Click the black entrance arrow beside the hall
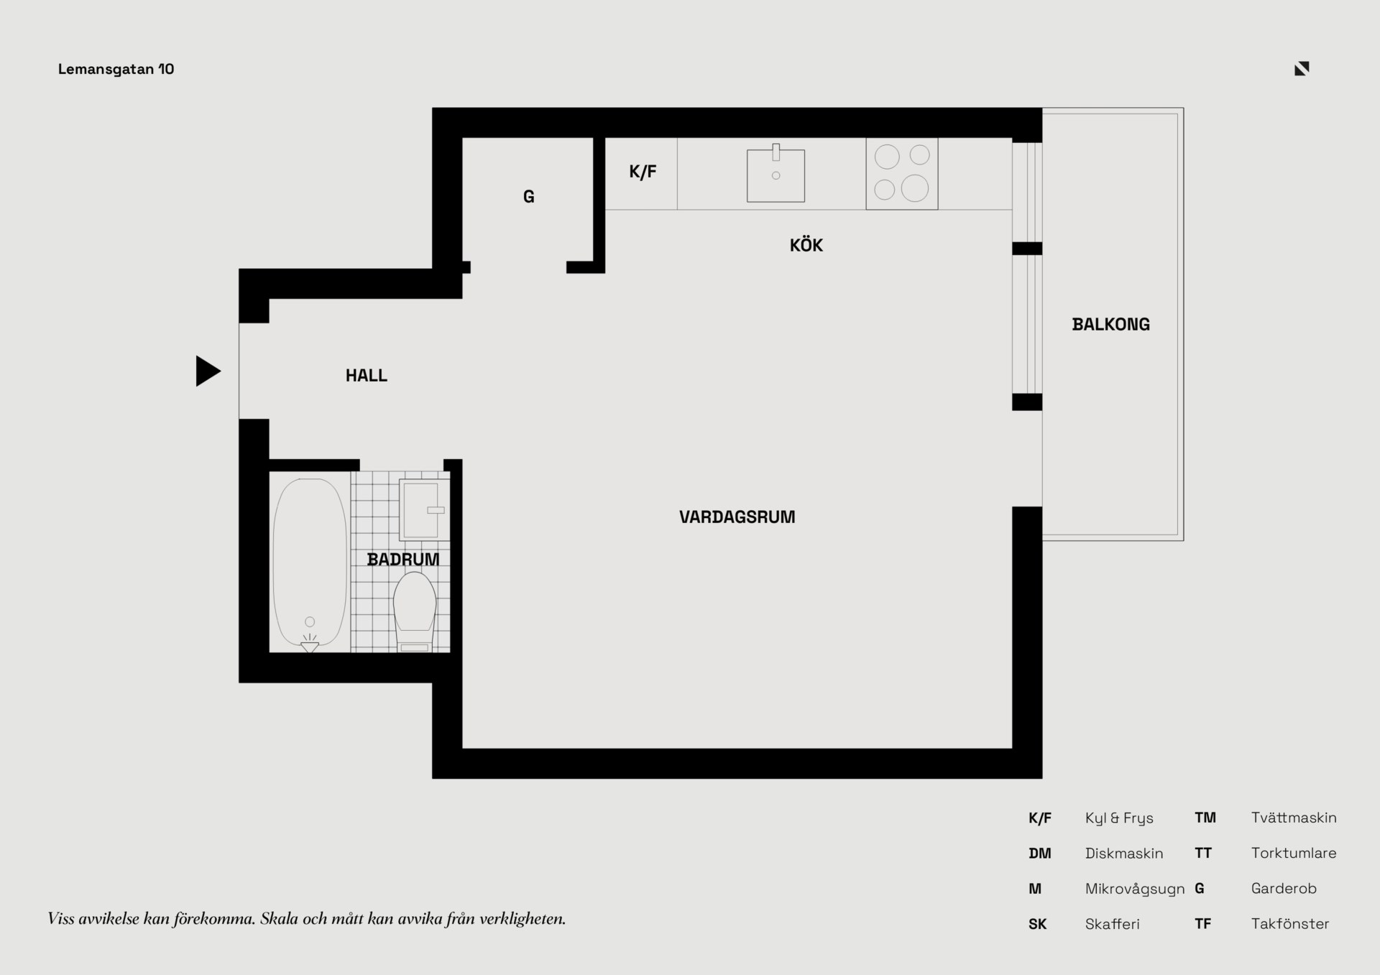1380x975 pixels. click(x=207, y=371)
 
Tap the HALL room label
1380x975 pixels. click(x=367, y=376)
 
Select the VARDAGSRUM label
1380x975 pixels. click(x=737, y=517)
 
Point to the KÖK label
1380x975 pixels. click(x=806, y=245)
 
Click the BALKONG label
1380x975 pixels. click(x=1110, y=325)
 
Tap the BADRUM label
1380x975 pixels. click(x=402, y=560)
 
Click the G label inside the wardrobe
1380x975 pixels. click(x=528, y=197)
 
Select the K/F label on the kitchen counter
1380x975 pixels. click(x=643, y=172)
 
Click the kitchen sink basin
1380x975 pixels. click(x=776, y=176)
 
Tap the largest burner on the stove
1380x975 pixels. click(x=915, y=188)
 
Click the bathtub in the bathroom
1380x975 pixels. click(x=310, y=563)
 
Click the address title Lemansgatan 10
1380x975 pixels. click(x=116, y=69)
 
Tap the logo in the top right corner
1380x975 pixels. click(x=1302, y=68)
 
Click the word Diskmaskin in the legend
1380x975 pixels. click(x=1124, y=854)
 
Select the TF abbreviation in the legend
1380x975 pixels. click(x=1202, y=924)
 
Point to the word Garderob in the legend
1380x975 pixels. click(x=1284, y=889)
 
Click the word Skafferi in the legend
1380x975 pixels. click(x=1113, y=924)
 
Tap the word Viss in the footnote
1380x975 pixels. click(x=61, y=918)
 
